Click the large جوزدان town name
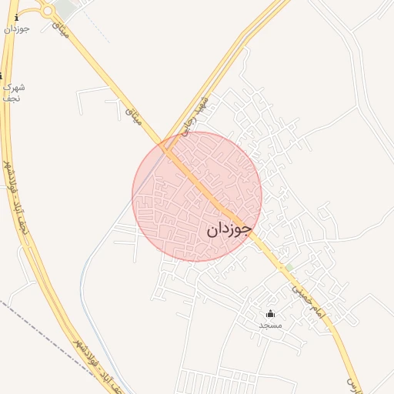tap(229, 229)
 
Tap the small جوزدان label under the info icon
tap(16, 29)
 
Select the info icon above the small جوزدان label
tap(17, 17)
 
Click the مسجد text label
tap(270, 326)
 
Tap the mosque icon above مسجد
tap(270, 313)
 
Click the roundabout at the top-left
tap(47, 10)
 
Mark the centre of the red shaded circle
tap(197, 196)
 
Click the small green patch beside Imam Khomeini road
tap(289, 268)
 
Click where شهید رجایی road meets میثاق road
tap(165, 142)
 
